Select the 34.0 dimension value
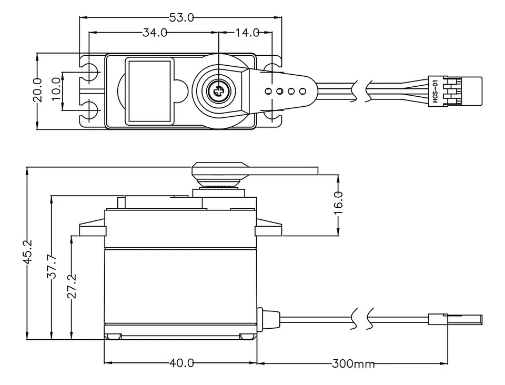click(155, 33)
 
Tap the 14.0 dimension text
click(247, 33)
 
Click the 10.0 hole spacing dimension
click(57, 90)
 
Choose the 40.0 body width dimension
click(181, 363)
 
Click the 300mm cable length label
click(353, 363)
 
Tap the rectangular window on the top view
click(149, 90)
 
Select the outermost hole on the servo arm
click(302, 91)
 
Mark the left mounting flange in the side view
click(92, 230)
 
